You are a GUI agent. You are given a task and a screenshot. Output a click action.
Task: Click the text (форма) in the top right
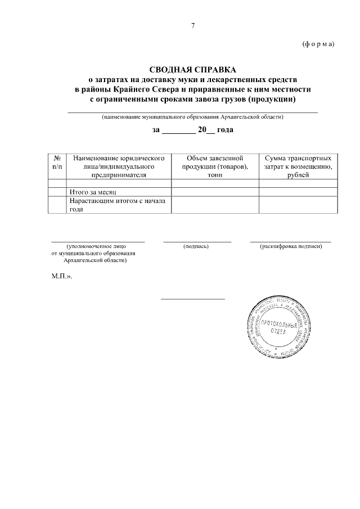[x=318, y=44]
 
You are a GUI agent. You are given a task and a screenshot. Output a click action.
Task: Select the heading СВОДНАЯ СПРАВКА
[x=193, y=70]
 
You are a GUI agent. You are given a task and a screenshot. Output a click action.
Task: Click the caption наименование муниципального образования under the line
[x=192, y=117]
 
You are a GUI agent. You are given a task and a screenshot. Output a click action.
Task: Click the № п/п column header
[x=57, y=163]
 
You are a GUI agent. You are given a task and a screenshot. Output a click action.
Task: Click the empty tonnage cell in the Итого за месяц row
[x=214, y=192]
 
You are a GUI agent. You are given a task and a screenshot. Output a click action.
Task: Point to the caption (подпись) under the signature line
[x=196, y=246]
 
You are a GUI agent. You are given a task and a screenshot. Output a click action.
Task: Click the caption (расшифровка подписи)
[x=290, y=246]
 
